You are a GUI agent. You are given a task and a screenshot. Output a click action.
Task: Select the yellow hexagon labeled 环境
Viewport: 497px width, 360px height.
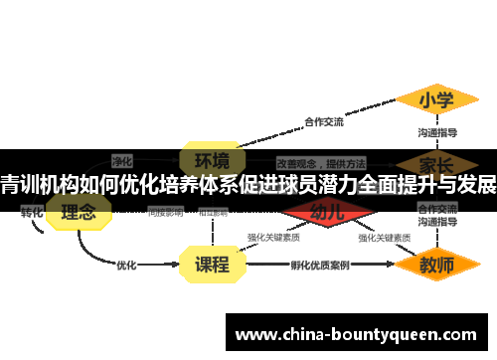211,160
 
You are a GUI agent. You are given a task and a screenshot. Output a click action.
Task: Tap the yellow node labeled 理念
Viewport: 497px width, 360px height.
79,212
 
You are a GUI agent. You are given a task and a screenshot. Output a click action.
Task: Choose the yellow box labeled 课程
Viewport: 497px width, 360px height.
211,265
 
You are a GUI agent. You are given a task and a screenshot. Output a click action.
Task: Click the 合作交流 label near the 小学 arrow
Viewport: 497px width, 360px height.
323,122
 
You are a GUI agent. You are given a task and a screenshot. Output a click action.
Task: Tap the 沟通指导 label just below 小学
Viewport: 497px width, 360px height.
437,132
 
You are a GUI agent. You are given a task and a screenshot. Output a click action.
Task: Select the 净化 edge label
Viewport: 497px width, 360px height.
122,159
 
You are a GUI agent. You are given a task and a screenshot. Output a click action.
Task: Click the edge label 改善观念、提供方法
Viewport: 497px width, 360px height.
321,161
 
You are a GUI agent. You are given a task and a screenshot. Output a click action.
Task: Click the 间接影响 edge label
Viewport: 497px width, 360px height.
165,212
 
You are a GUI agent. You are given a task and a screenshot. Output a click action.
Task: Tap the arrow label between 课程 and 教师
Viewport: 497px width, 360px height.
319,266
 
